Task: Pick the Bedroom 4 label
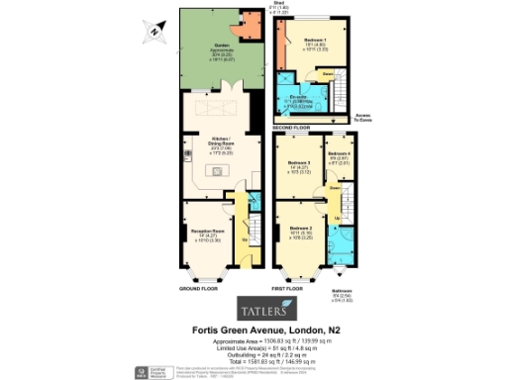coord(339,156)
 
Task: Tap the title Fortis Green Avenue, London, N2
coord(261,329)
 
